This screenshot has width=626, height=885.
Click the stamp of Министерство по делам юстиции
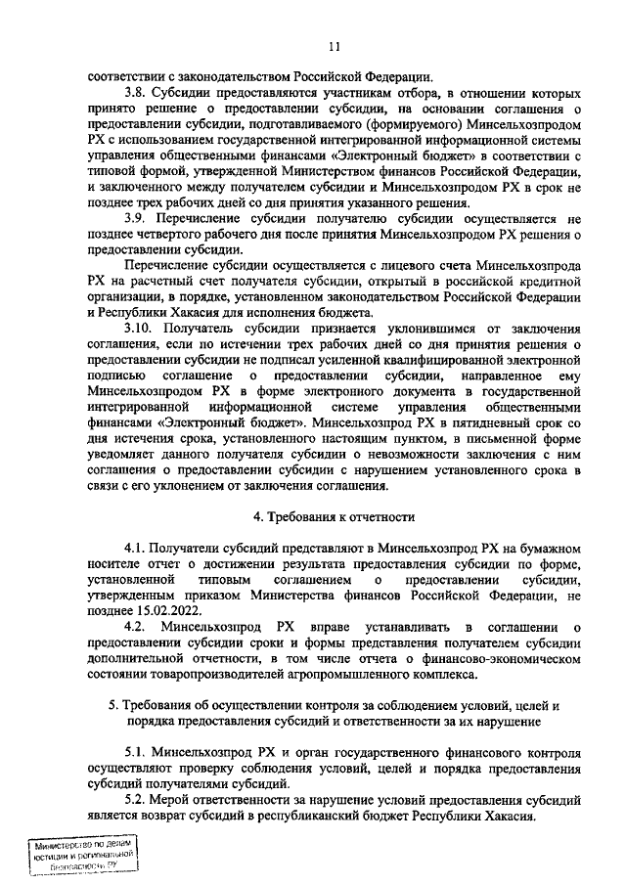(82, 856)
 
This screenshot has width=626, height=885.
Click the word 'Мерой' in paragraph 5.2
(177, 801)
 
